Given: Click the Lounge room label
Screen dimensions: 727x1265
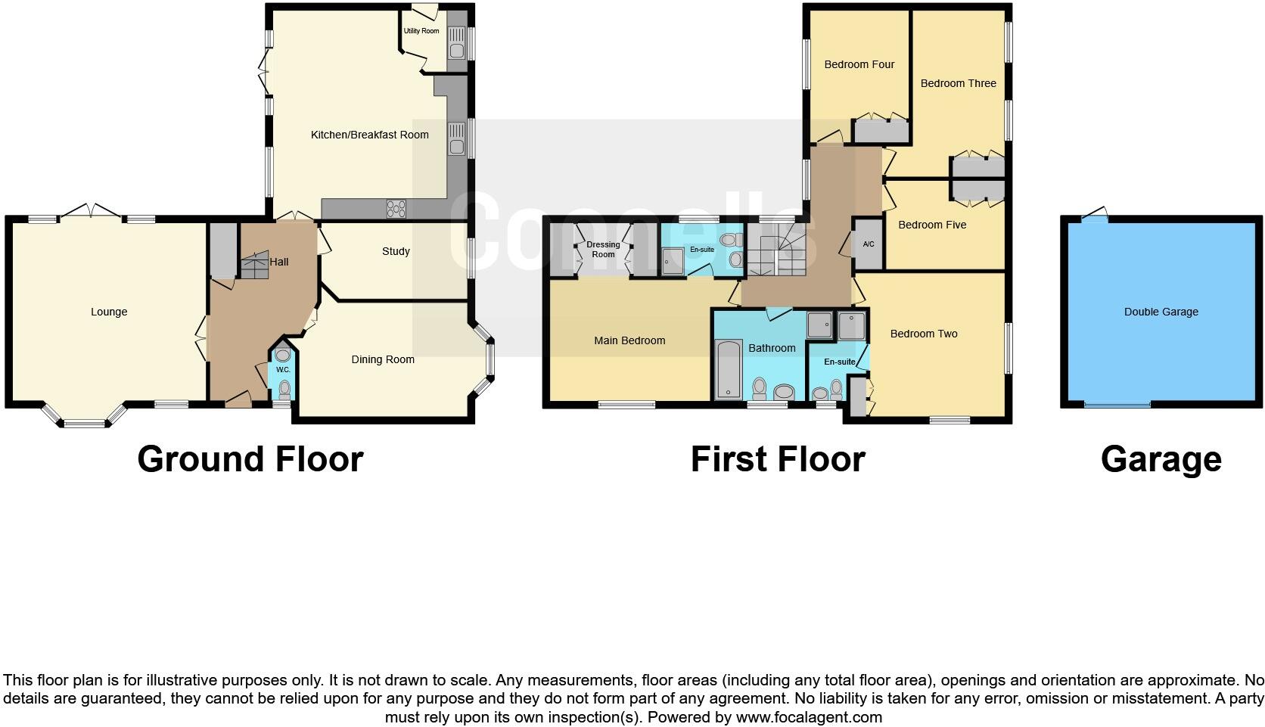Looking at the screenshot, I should [109, 312].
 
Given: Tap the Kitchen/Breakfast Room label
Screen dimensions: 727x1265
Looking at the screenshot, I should [369, 135].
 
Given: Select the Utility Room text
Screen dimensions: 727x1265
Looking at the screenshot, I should [421, 31].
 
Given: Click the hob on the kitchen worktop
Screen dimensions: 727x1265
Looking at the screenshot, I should [396, 208].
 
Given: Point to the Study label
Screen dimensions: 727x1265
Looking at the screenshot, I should [396, 251].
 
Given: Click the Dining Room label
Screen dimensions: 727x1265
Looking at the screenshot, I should [383, 359].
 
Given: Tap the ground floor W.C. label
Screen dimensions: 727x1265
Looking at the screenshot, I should [283, 370].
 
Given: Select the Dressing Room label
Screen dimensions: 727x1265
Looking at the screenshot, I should [603, 249].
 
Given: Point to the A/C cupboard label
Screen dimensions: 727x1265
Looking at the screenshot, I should [869, 244].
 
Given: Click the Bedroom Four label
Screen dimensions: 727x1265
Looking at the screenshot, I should [859, 64].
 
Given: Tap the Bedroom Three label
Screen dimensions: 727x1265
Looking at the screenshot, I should [958, 83].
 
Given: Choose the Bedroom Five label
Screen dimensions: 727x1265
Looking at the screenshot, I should [932, 225].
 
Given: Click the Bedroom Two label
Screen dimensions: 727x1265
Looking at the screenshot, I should [924, 334].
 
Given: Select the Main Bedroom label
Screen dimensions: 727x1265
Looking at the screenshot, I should [629, 340].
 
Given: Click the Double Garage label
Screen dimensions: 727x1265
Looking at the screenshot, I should [1161, 312].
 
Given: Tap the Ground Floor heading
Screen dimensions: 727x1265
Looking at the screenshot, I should [250, 459].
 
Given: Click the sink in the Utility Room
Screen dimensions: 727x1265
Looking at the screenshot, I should [456, 50].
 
